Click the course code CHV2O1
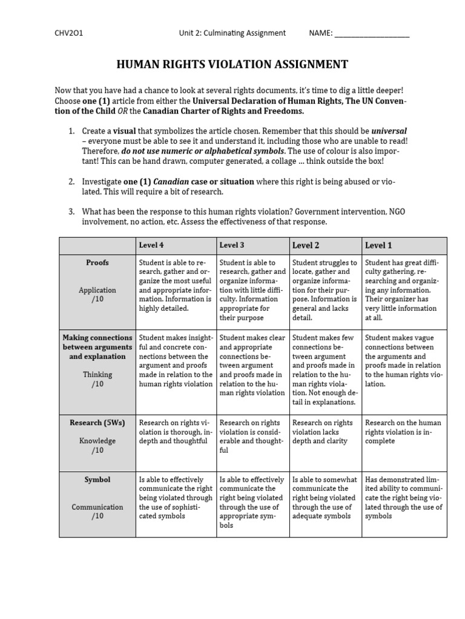[69, 33]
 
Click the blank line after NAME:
[372, 34]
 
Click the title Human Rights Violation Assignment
[232, 65]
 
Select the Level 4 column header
[151, 245]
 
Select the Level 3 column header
[232, 245]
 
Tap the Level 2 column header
[306, 245]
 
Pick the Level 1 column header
[378, 245]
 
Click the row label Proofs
[97, 263]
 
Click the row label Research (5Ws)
[97, 423]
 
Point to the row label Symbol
[97, 479]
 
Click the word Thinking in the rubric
[97, 375]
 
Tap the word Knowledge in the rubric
[97, 441]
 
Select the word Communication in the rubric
[97, 507]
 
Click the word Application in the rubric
[97, 290]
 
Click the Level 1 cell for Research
[404, 432]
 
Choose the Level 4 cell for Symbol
[176, 497]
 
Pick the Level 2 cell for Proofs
[325, 290]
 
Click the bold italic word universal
[389, 131]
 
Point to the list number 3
[71, 212]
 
